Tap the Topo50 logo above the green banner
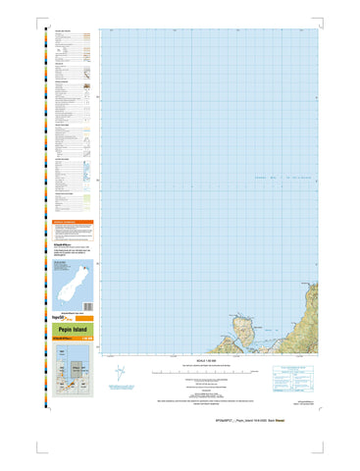click(56, 319)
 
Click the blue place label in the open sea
click(261, 178)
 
